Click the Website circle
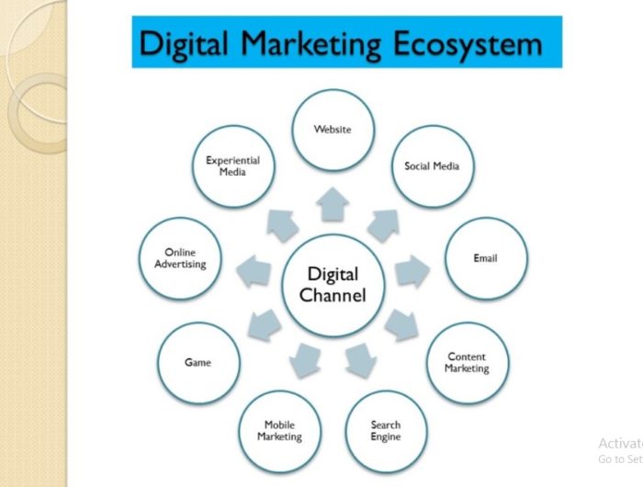click(x=333, y=130)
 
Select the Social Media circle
click(x=433, y=166)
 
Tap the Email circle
click(x=486, y=258)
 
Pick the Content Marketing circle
click(x=468, y=363)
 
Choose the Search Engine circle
click(x=387, y=431)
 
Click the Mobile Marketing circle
click(x=280, y=431)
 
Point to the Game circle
click(x=199, y=363)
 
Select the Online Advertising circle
click(x=180, y=258)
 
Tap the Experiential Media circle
click(x=233, y=166)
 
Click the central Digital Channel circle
click(x=333, y=286)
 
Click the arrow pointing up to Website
click(x=333, y=204)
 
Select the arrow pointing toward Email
click(x=412, y=271)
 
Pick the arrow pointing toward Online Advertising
click(x=254, y=271)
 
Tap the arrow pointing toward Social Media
click(x=384, y=225)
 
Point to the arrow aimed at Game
click(x=265, y=325)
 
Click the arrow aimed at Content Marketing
click(x=401, y=325)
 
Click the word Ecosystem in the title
click(x=468, y=43)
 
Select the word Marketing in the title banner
click(x=310, y=43)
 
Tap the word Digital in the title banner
click(x=183, y=43)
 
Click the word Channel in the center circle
click(x=333, y=295)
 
